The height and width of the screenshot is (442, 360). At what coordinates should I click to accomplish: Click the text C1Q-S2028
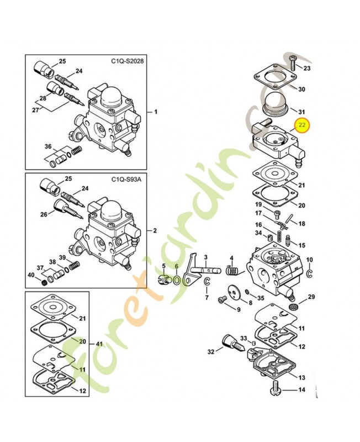coord(128,62)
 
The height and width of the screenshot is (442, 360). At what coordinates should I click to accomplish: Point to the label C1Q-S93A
coord(126,180)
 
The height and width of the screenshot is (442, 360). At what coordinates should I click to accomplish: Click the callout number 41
coord(100,343)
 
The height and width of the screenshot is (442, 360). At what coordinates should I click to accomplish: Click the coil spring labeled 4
coord(234,271)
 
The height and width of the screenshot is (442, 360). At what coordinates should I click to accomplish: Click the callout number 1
coord(156,112)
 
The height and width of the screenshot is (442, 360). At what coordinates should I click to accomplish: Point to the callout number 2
coord(156,230)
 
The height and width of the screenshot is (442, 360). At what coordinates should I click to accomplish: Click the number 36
coord(48,146)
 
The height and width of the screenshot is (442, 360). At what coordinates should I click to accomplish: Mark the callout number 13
coord(301,377)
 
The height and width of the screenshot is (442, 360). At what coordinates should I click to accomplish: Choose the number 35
coord(261,298)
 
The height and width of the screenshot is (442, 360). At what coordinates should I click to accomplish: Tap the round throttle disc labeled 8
coord(234,293)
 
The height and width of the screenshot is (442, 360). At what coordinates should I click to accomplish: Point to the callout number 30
coord(301,89)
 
